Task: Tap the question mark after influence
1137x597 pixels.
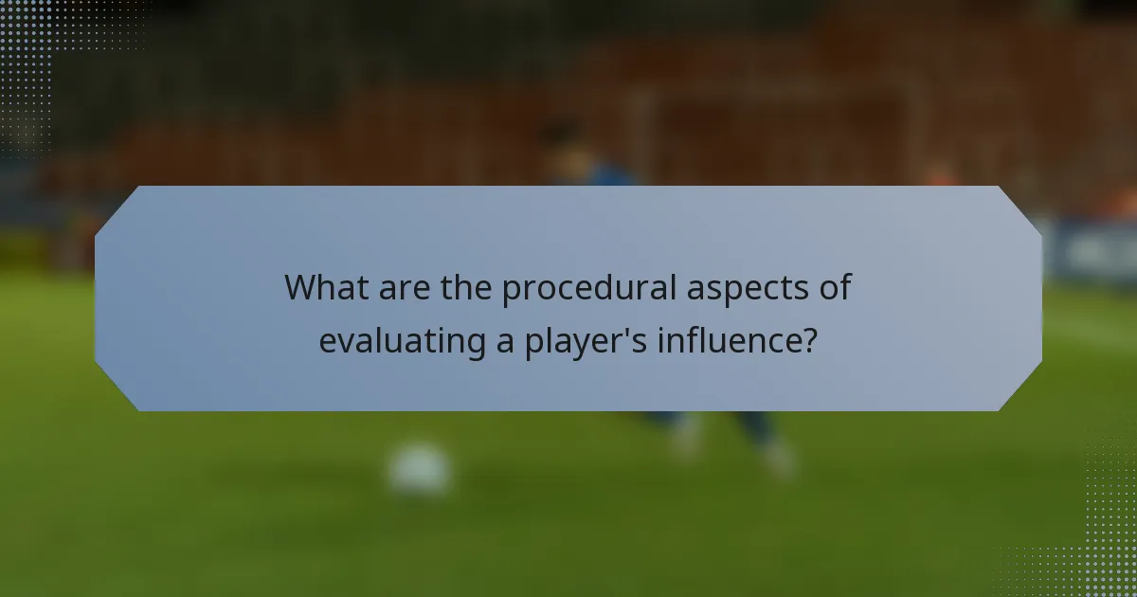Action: click(808, 340)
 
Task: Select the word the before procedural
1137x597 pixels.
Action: click(467, 287)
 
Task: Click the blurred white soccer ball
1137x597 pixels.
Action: click(419, 468)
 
